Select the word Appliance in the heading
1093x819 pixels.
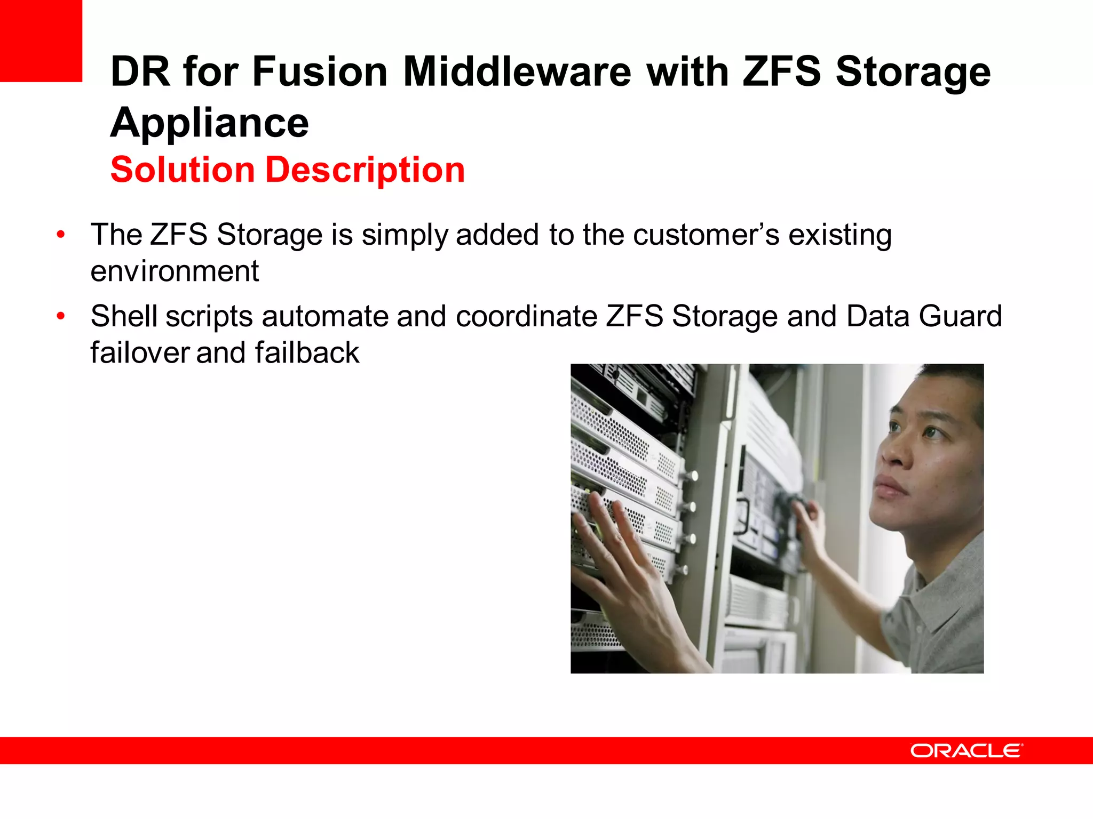pos(210,123)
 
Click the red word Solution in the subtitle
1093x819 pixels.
pos(183,170)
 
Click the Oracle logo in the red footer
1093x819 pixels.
pos(966,751)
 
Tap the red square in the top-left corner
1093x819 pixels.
pos(41,41)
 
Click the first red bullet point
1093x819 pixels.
pos(61,235)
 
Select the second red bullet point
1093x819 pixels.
pos(61,316)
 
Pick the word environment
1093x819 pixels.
pos(175,271)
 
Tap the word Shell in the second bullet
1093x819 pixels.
pos(124,316)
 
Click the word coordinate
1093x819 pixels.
pos(526,316)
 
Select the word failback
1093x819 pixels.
pos(307,352)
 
